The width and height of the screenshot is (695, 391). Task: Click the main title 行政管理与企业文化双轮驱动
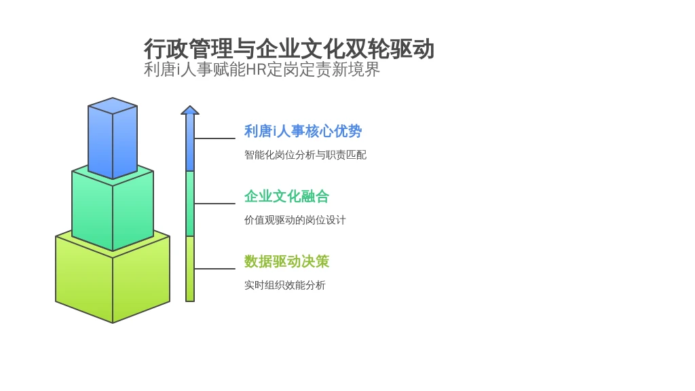click(x=289, y=49)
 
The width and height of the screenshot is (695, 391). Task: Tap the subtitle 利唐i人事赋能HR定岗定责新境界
click(x=262, y=70)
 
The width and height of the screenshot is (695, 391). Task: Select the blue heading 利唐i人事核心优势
click(x=303, y=131)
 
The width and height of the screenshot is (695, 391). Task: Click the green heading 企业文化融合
click(x=287, y=196)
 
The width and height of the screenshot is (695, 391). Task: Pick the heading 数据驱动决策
click(x=287, y=261)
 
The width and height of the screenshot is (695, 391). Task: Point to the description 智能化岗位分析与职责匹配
click(x=305, y=155)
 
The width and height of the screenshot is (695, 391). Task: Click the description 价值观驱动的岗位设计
click(x=295, y=220)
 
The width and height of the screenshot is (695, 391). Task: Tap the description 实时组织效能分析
click(x=284, y=285)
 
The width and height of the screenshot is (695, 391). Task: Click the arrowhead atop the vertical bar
click(x=190, y=110)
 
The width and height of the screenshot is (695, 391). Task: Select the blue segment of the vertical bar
click(x=190, y=143)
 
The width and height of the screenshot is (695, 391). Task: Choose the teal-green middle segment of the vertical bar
click(x=190, y=204)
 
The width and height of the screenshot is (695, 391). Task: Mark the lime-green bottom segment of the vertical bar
click(x=190, y=269)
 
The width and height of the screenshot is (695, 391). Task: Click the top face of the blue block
click(x=113, y=105)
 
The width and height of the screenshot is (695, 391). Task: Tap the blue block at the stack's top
click(x=113, y=138)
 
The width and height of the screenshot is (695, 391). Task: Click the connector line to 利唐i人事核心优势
click(x=215, y=138)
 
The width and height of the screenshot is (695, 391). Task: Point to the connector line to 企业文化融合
click(x=215, y=204)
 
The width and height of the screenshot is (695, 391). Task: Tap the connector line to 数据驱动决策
click(x=215, y=269)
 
